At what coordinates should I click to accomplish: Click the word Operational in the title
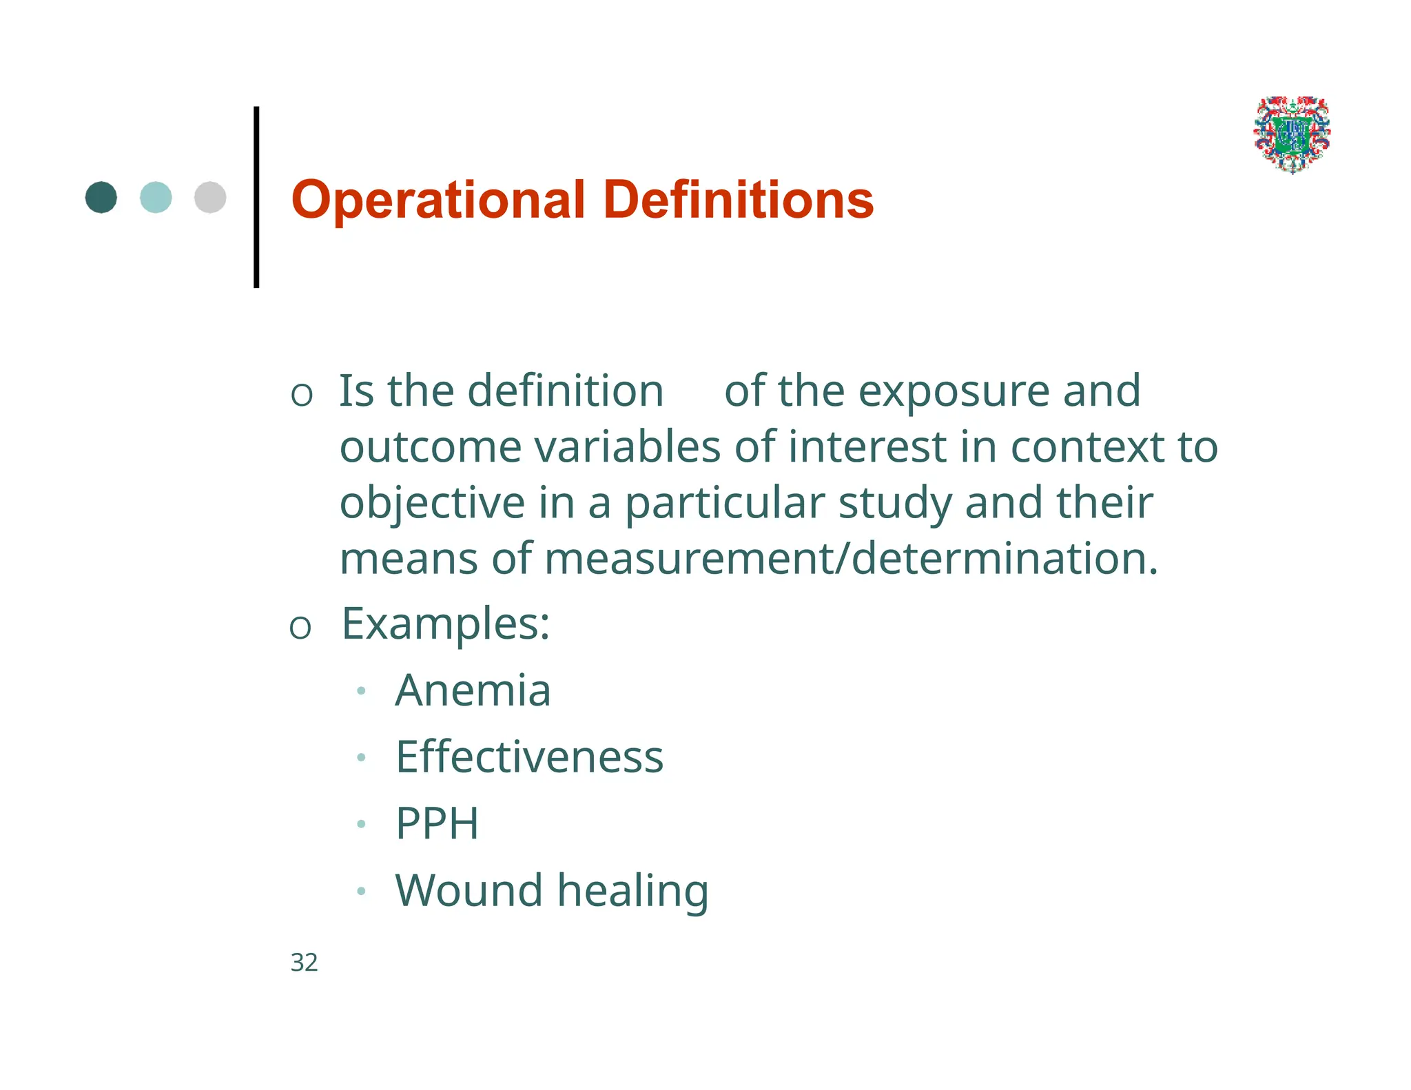pos(438,200)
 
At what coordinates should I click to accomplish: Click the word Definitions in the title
pos(738,200)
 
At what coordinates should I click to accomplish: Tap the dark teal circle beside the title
pos(101,198)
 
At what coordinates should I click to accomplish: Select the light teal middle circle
pos(156,198)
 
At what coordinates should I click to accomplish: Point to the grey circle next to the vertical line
pos(210,198)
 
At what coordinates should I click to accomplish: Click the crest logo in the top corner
pos(1292,134)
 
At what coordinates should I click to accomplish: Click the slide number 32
pos(304,963)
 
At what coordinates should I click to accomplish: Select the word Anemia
pos(473,690)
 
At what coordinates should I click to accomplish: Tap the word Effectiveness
pos(529,757)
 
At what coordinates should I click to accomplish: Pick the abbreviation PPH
pos(437,823)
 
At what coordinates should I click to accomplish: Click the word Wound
pos(468,890)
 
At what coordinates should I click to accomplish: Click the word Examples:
pos(446,624)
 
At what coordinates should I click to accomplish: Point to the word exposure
pos(954,391)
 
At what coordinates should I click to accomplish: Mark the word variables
pos(627,447)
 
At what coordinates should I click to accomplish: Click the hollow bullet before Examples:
pos(300,628)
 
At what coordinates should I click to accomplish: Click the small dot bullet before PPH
pos(361,824)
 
